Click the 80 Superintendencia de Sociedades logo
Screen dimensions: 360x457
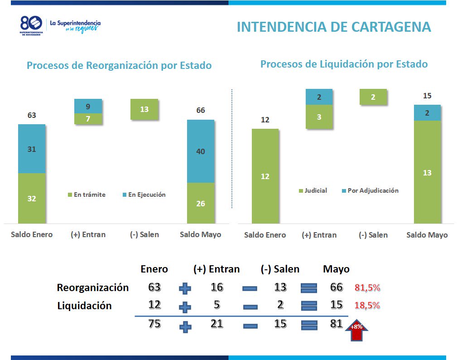[x=31, y=25]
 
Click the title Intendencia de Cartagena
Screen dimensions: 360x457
[x=333, y=27]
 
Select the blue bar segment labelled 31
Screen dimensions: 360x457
[x=32, y=149]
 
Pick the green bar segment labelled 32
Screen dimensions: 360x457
[x=32, y=198]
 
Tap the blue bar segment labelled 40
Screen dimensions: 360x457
[x=201, y=151]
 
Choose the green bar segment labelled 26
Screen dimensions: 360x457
[x=201, y=203]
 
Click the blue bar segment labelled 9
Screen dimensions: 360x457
[x=88, y=106]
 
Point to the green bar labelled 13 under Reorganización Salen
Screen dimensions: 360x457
[x=144, y=109]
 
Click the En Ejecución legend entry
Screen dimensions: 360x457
[x=144, y=195]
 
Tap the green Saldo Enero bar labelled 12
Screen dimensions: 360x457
[x=265, y=176]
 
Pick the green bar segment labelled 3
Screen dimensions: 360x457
[x=319, y=117]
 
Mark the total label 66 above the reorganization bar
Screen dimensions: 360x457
[x=201, y=110]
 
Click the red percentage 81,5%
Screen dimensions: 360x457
[x=367, y=287]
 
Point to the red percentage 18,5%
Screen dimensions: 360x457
[x=367, y=306]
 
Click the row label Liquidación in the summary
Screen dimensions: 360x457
[x=84, y=306]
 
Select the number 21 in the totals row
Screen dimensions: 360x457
[x=217, y=324]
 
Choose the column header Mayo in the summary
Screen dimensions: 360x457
[x=336, y=269]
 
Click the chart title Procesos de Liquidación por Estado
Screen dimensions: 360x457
[x=344, y=64]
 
